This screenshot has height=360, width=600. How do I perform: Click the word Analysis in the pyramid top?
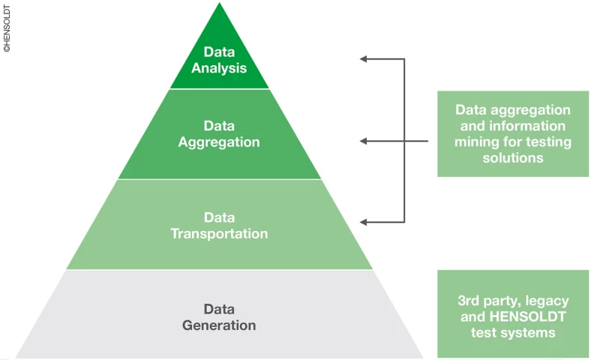click(x=219, y=69)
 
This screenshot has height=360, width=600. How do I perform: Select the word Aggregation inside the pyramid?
click(x=219, y=142)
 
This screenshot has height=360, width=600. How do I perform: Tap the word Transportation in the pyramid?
click(x=219, y=234)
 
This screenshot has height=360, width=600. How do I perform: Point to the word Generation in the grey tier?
click(x=219, y=325)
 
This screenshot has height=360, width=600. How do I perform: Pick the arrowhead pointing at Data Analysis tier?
click(x=364, y=58)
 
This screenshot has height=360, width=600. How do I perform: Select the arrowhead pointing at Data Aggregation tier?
click(x=364, y=140)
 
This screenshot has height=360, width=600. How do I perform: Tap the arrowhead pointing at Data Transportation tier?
click(x=364, y=222)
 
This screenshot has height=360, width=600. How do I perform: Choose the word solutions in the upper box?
click(x=513, y=158)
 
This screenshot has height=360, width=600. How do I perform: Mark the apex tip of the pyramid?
click(x=220, y=4)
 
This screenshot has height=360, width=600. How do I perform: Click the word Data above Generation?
click(x=219, y=309)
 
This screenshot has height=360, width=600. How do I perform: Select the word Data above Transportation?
click(x=219, y=217)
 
